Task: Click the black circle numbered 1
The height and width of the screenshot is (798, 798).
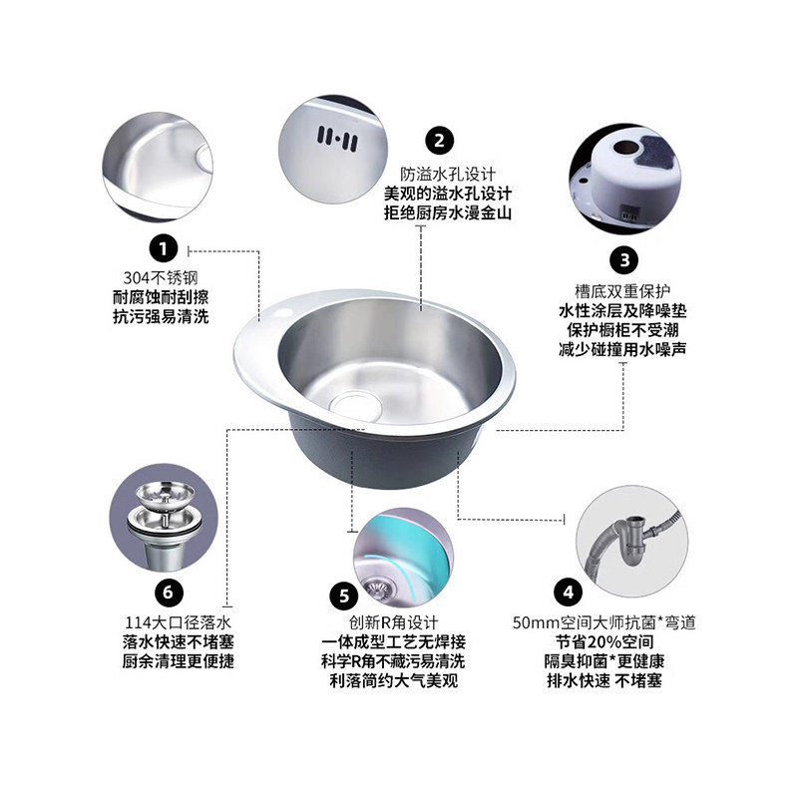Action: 164,246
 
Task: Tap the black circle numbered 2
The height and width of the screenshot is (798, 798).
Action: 439,140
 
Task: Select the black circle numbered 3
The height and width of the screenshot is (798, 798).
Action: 623,260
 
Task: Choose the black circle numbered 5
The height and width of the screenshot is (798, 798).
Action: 343,597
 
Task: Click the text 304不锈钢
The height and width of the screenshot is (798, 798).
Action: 164,277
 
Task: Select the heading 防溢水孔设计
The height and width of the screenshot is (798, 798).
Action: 448,173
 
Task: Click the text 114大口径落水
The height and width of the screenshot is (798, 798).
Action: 171,622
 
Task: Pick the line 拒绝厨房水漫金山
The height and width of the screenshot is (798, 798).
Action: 448,212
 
